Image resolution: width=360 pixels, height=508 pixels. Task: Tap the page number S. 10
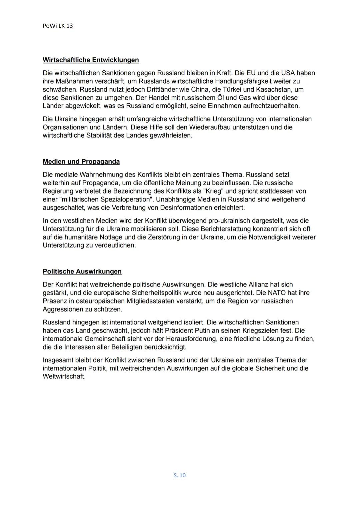click(x=180, y=475)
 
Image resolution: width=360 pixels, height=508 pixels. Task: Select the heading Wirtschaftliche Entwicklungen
click(x=91, y=60)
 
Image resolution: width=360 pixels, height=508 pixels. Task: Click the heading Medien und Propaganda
click(x=81, y=162)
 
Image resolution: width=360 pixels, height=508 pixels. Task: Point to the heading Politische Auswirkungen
click(x=82, y=271)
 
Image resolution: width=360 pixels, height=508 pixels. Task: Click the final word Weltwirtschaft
click(x=64, y=377)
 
